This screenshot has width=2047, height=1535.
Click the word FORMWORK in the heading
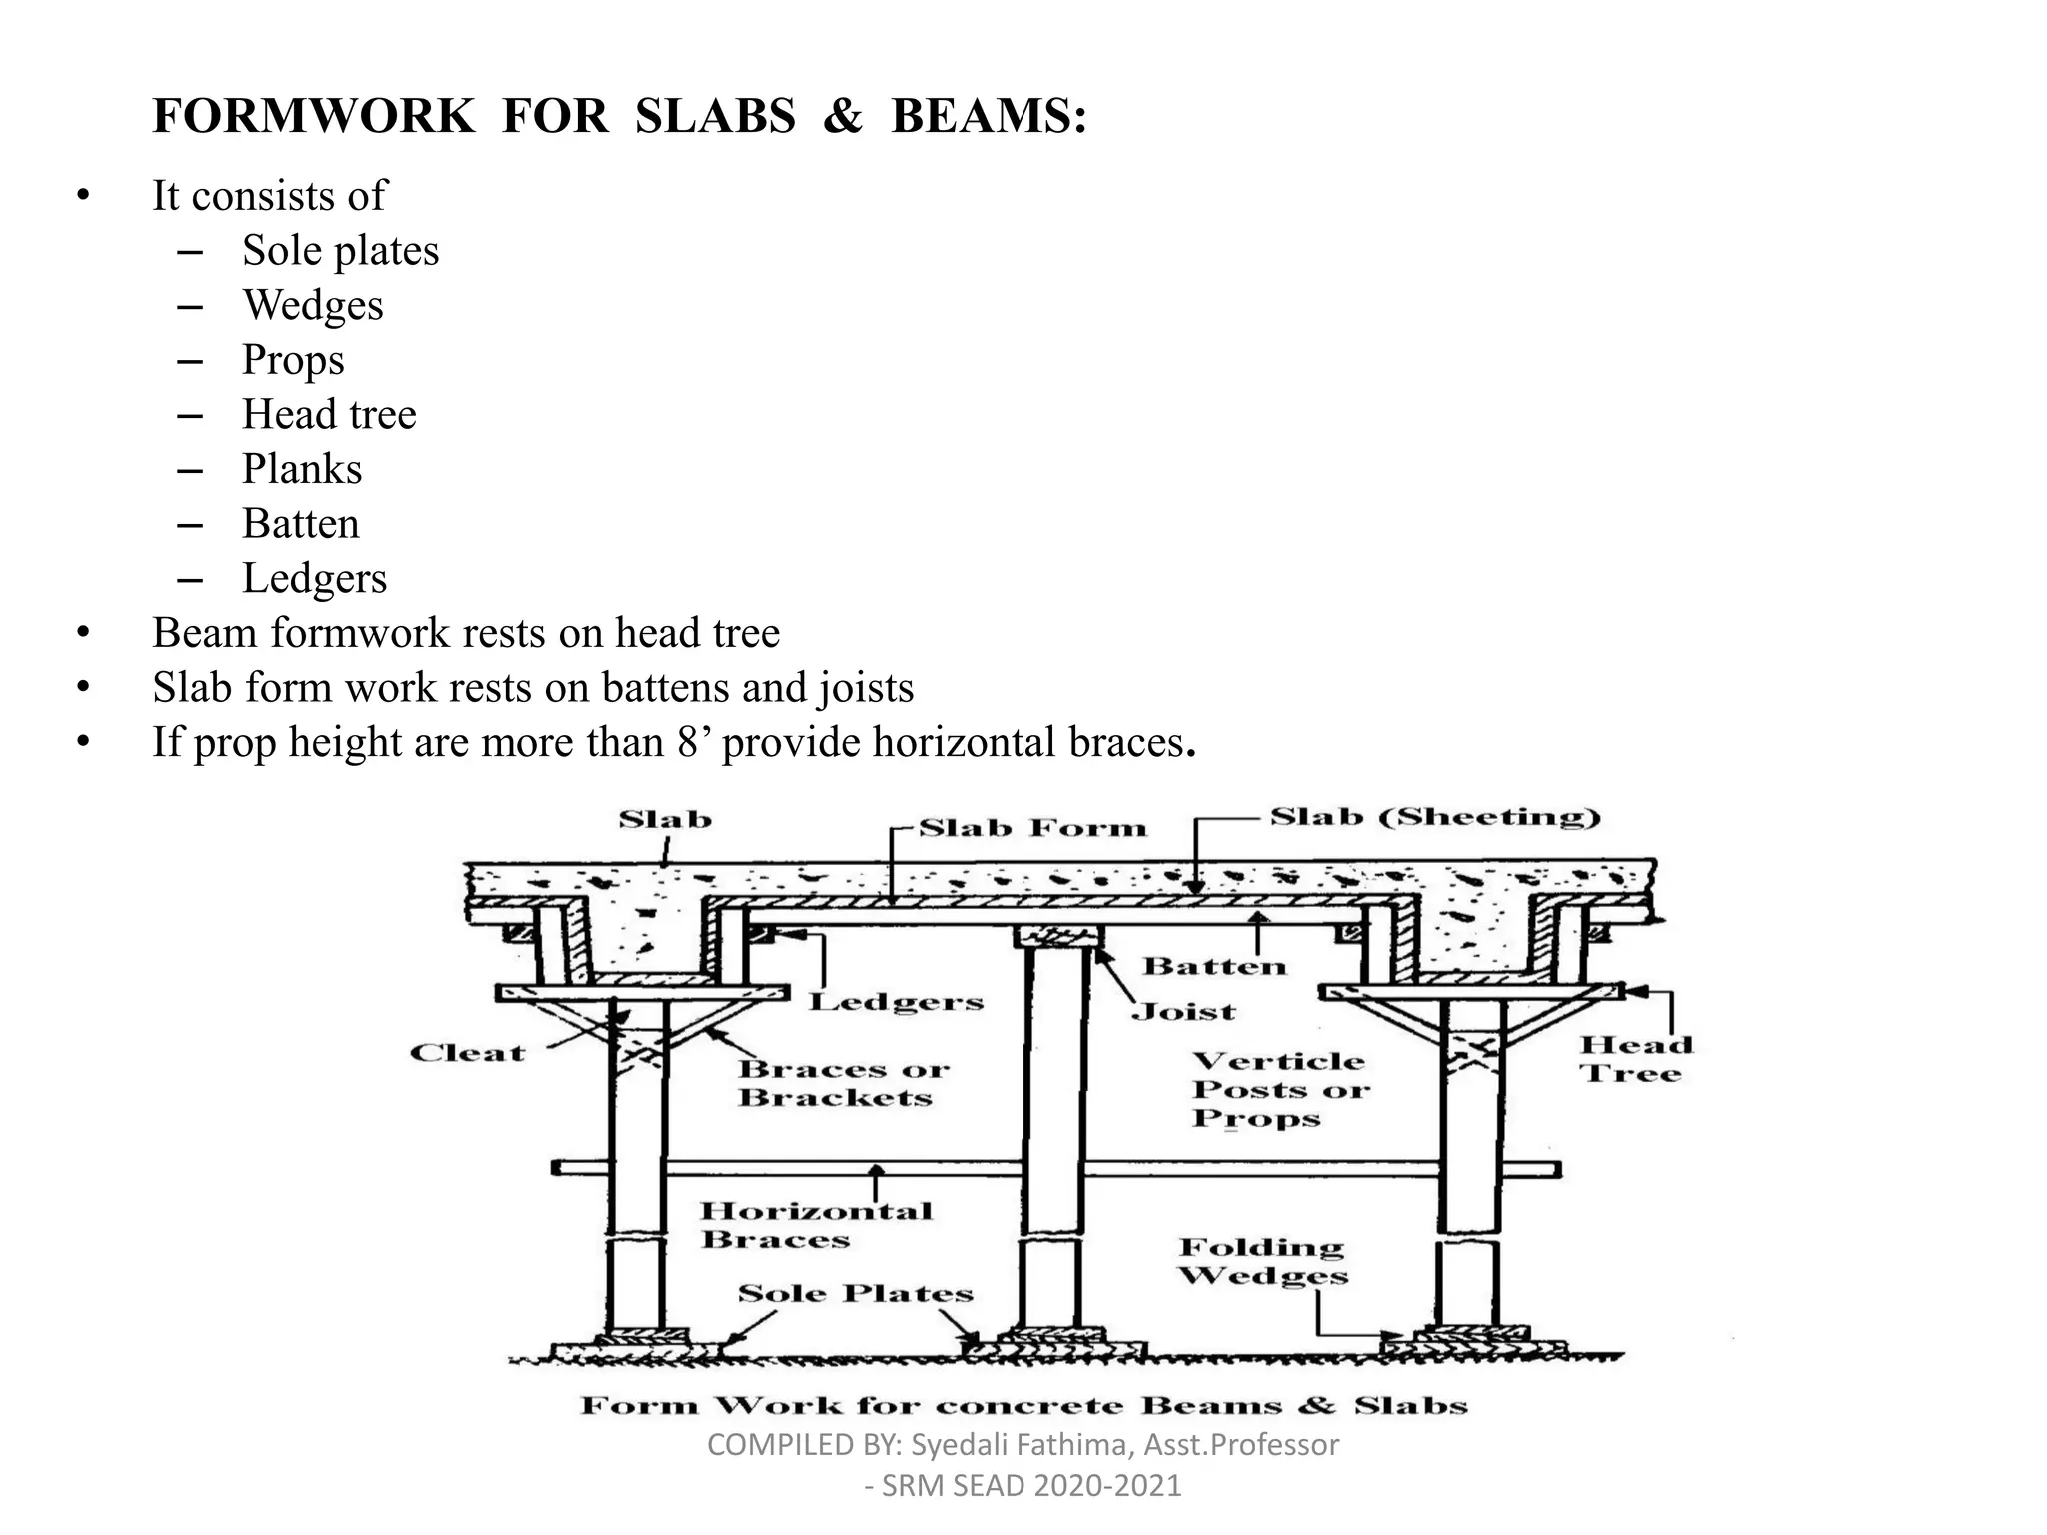point(313,116)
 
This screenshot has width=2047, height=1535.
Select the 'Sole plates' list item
point(340,251)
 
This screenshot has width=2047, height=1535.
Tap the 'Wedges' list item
point(313,305)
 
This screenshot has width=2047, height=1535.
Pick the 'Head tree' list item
point(329,414)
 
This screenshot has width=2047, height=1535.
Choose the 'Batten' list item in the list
point(300,524)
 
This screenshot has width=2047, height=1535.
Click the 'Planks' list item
point(302,469)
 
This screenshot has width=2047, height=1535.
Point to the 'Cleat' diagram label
point(467,1053)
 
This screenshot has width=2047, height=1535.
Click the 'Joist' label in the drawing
point(1183,1012)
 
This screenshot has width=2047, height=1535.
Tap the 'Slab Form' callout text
point(1032,828)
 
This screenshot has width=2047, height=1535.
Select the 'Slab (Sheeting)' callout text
point(1434,817)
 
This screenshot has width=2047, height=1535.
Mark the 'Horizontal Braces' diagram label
point(815,1225)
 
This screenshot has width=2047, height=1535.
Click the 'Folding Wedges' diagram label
point(1262,1261)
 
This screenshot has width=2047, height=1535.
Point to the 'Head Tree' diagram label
point(1636,1059)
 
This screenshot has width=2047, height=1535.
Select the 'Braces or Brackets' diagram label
point(842,1083)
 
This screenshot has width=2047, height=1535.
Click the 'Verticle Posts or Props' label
point(1279,1089)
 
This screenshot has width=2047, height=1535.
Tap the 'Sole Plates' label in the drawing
point(855,1293)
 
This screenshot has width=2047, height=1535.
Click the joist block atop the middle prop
point(1057,937)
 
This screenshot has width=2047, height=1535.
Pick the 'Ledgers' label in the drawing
point(896,1002)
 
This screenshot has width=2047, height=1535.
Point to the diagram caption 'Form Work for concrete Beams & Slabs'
point(1023,1406)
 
